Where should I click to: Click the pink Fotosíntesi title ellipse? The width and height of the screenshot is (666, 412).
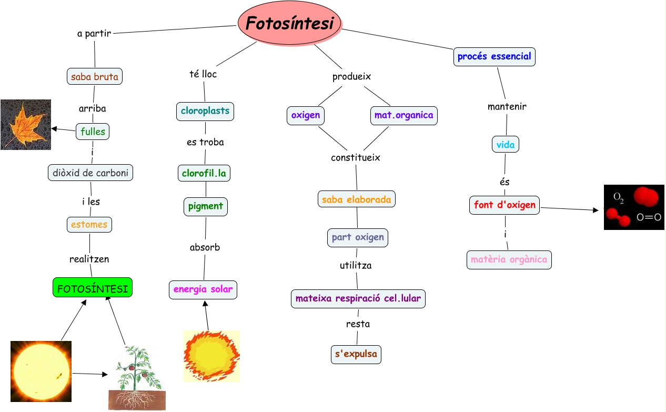(290, 24)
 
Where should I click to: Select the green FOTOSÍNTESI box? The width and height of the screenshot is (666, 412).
(93, 287)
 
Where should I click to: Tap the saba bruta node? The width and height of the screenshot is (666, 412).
(95, 76)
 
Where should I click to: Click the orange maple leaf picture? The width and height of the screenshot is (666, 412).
(26, 125)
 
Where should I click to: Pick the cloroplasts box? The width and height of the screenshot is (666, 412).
(205, 111)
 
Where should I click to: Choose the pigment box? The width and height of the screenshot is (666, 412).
(206, 206)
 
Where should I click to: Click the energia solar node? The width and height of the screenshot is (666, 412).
(203, 289)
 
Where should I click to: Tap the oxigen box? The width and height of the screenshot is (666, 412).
(305, 115)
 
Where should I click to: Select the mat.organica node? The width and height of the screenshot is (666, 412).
(404, 115)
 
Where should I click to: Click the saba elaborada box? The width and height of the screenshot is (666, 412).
(357, 199)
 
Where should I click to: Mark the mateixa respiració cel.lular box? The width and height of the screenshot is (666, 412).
(358, 299)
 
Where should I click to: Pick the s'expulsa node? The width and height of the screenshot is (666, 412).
(356, 354)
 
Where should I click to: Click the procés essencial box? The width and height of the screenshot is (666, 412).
(494, 56)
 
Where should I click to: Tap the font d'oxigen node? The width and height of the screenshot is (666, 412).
(504, 205)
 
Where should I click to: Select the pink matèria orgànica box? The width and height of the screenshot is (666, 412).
(509, 259)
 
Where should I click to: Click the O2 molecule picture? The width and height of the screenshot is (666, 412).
(634, 207)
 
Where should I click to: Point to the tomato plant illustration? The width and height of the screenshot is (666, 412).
(137, 378)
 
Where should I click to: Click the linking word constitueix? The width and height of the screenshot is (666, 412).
(356, 157)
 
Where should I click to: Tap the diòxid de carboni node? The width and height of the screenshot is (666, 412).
(90, 173)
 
